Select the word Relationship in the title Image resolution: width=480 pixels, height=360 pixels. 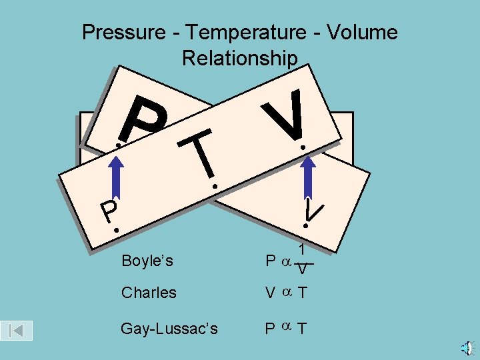[239, 59]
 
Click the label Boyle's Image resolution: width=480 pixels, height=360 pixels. [147, 261]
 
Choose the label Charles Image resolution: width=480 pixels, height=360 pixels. [149, 293]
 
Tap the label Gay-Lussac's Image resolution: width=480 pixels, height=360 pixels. [169, 328]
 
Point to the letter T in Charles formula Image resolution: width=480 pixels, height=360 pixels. [302, 293]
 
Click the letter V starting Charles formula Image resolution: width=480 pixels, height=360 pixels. [270, 293]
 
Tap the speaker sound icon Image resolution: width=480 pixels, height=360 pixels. [468, 347]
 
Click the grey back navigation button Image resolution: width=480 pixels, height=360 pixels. [17, 330]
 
